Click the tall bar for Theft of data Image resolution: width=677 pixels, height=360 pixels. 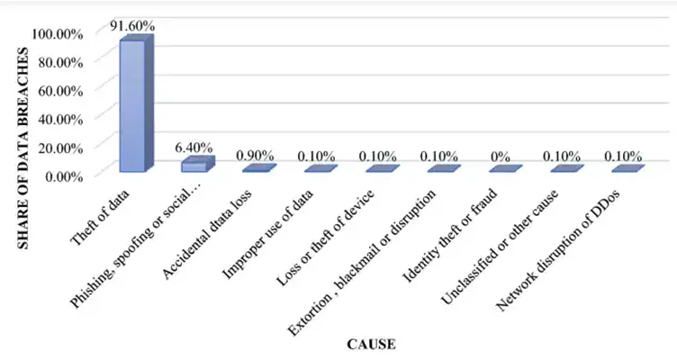pyautogui.click(x=136, y=103)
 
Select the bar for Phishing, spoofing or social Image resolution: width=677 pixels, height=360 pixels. pyautogui.click(x=197, y=164)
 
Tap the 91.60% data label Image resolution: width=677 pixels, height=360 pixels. pyautogui.click(x=132, y=26)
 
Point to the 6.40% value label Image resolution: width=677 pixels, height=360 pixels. pyautogui.click(x=194, y=148)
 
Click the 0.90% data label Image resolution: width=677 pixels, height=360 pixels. pyautogui.click(x=255, y=156)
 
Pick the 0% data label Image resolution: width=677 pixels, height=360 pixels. pyautogui.click(x=500, y=157)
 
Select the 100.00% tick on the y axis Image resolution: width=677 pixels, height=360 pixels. pyautogui.click(x=58, y=33)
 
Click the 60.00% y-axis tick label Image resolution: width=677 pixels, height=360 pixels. pyautogui.click(x=60, y=91)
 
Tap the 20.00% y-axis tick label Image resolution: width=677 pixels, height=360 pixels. pyautogui.click(x=60, y=148)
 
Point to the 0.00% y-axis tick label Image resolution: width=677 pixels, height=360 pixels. pyautogui.click(x=64, y=176)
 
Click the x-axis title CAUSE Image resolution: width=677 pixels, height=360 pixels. pyautogui.click(x=371, y=345)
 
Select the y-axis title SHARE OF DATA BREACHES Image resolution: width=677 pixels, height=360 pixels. pyautogui.click(x=23, y=148)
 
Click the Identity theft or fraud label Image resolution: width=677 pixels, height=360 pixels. pyautogui.click(x=449, y=236)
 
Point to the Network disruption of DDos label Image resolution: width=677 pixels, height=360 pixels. pyautogui.click(x=557, y=250)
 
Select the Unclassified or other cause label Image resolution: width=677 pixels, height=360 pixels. pyautogui.click(x=500, y=247)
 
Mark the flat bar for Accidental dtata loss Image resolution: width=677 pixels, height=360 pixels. pyautogui.click(x=259, y=168)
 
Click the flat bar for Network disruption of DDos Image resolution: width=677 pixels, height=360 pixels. pyautogui.click(x=627, y=168)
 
